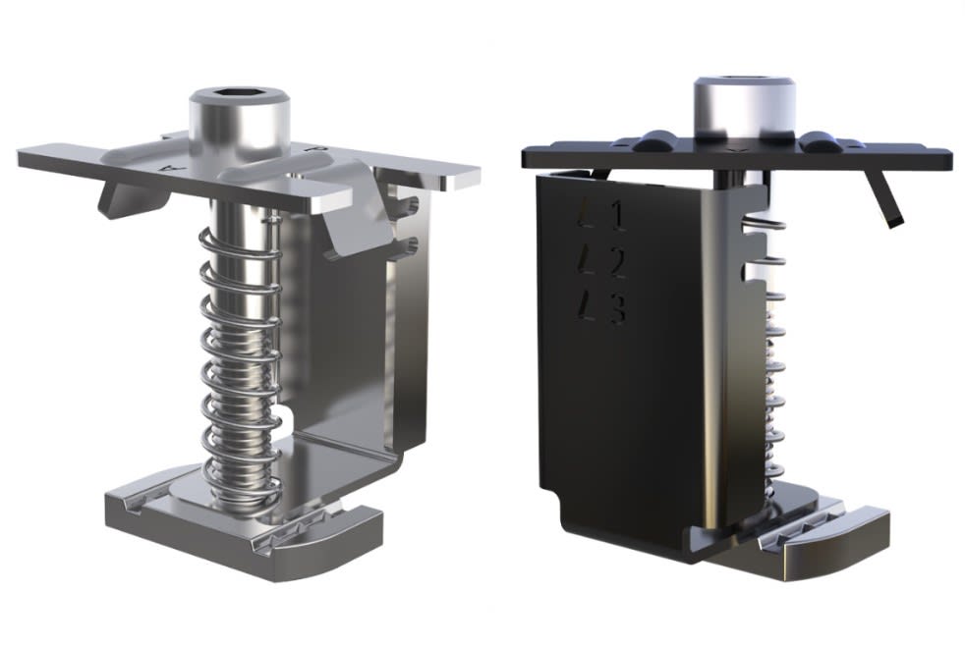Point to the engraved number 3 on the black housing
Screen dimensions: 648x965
click(x=617, y=310)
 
